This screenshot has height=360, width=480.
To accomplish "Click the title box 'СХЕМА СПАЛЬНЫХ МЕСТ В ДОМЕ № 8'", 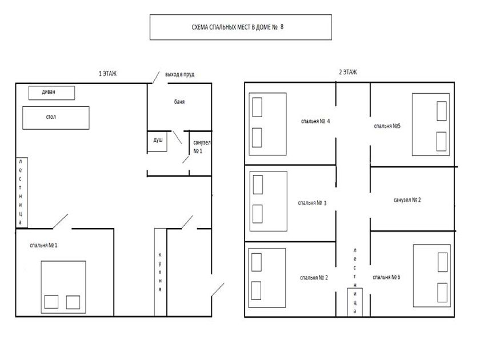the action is click(241, 27).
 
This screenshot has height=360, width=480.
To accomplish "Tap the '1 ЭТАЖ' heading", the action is click(107, 74).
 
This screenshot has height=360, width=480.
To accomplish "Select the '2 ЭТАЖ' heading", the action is click(348, 72).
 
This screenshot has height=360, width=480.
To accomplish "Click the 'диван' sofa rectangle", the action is click(52, 93).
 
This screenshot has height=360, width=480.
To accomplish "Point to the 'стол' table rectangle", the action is click(56, 118).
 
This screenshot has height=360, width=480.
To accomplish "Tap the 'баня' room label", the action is click(179, 102).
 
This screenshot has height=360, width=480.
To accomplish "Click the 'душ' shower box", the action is click(157, 141).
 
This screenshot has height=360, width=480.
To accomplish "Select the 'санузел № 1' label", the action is click(202, 147).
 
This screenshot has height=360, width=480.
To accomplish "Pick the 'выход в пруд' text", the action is click(179, 74).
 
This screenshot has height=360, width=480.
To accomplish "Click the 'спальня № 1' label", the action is click(43, 245).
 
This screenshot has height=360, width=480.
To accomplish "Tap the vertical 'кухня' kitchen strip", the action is click(161, 272).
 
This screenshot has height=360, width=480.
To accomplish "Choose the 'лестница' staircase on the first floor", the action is click(22, 193).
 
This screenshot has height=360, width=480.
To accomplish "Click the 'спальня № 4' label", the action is click(315, 121).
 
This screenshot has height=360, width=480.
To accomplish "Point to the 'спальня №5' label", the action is click(387, 126).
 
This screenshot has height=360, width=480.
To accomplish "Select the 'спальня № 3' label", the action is click(312, 203).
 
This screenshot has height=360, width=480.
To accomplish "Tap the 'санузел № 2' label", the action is click(407, 200).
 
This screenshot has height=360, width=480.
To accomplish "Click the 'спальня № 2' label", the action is click(314, 278).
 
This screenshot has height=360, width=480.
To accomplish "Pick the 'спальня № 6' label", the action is click(386, 277).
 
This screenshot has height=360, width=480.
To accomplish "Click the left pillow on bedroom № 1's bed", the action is click(51, 302).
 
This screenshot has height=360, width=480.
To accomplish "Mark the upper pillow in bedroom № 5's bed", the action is click(441, 111).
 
